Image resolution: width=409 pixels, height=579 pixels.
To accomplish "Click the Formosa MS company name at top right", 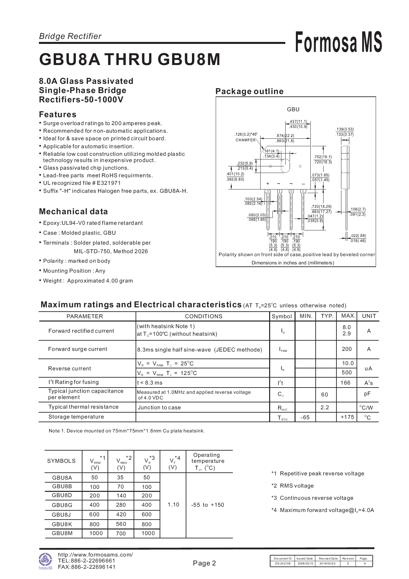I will coord(338,42).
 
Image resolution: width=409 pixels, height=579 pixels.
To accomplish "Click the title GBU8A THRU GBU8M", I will coord(130,59).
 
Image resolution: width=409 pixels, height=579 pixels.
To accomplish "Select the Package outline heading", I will coord(249,91).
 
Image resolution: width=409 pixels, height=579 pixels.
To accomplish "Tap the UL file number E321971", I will coord(109,183).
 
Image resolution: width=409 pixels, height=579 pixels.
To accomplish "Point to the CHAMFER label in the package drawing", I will coord(245,140).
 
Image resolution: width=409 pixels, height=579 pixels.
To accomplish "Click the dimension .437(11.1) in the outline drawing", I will coord(298,121).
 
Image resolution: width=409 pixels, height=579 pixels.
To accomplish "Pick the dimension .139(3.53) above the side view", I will coord(345,129).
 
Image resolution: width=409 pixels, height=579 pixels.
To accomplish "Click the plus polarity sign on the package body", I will coord(268,184).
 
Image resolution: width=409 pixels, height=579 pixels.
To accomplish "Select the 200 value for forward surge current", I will coord(347,349).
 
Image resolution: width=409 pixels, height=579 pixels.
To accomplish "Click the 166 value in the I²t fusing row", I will coord(345,383).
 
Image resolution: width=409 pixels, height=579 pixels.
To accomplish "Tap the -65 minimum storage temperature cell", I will coord(305,417).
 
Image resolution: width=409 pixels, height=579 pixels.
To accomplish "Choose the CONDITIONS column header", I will coord(204,316).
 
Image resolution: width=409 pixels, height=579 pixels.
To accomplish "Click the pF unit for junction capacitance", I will coord(367,394).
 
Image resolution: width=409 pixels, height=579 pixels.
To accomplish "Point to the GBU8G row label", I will coord(62,505).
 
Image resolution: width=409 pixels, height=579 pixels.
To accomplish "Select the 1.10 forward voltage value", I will coord(173,504).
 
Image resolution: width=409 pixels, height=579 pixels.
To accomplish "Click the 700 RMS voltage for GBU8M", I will coord(121,533).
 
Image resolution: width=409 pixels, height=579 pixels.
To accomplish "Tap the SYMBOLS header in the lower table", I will coord(61,461).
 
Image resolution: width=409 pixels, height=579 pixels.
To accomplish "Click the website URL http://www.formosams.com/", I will coord(95,555).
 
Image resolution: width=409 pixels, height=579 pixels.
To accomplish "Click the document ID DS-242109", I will coord(283,563).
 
